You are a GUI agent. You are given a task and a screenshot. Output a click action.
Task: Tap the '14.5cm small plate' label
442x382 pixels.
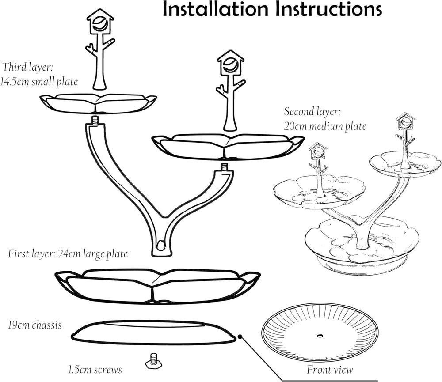(x=39, y=82)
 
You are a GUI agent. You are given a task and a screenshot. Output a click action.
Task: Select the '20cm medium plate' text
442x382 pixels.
(x=325, y=126)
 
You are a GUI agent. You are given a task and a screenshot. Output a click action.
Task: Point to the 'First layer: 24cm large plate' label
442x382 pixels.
(x=68, y=254)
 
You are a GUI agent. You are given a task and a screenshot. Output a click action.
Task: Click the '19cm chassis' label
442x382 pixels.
(x=34, y=325)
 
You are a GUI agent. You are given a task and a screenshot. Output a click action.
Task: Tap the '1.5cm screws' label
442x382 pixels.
(x=95, y=369)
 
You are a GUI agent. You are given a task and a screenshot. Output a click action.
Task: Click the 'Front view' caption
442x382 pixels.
(x=330, y=370)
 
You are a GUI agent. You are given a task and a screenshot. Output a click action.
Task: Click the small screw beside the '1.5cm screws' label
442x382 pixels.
(x=154, y=361)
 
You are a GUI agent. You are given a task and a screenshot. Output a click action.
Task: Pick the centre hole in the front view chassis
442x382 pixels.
(x=320, y=336)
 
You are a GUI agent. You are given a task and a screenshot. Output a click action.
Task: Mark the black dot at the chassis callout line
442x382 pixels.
(x=240, y=337)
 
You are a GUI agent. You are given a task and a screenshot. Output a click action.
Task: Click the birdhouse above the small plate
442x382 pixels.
(x=100, y=22)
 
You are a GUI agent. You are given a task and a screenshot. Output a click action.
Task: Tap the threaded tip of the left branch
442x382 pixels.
(x=96, y=120)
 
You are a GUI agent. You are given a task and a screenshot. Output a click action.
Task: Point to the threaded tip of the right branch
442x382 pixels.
(x=225, y=167)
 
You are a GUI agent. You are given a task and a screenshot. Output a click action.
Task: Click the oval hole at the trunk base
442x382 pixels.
(x=160, y=245)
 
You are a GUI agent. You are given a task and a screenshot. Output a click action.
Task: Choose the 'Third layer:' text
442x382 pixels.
(x=28, y=67)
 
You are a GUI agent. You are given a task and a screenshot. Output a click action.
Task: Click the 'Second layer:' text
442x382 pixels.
(x=312, y=112)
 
